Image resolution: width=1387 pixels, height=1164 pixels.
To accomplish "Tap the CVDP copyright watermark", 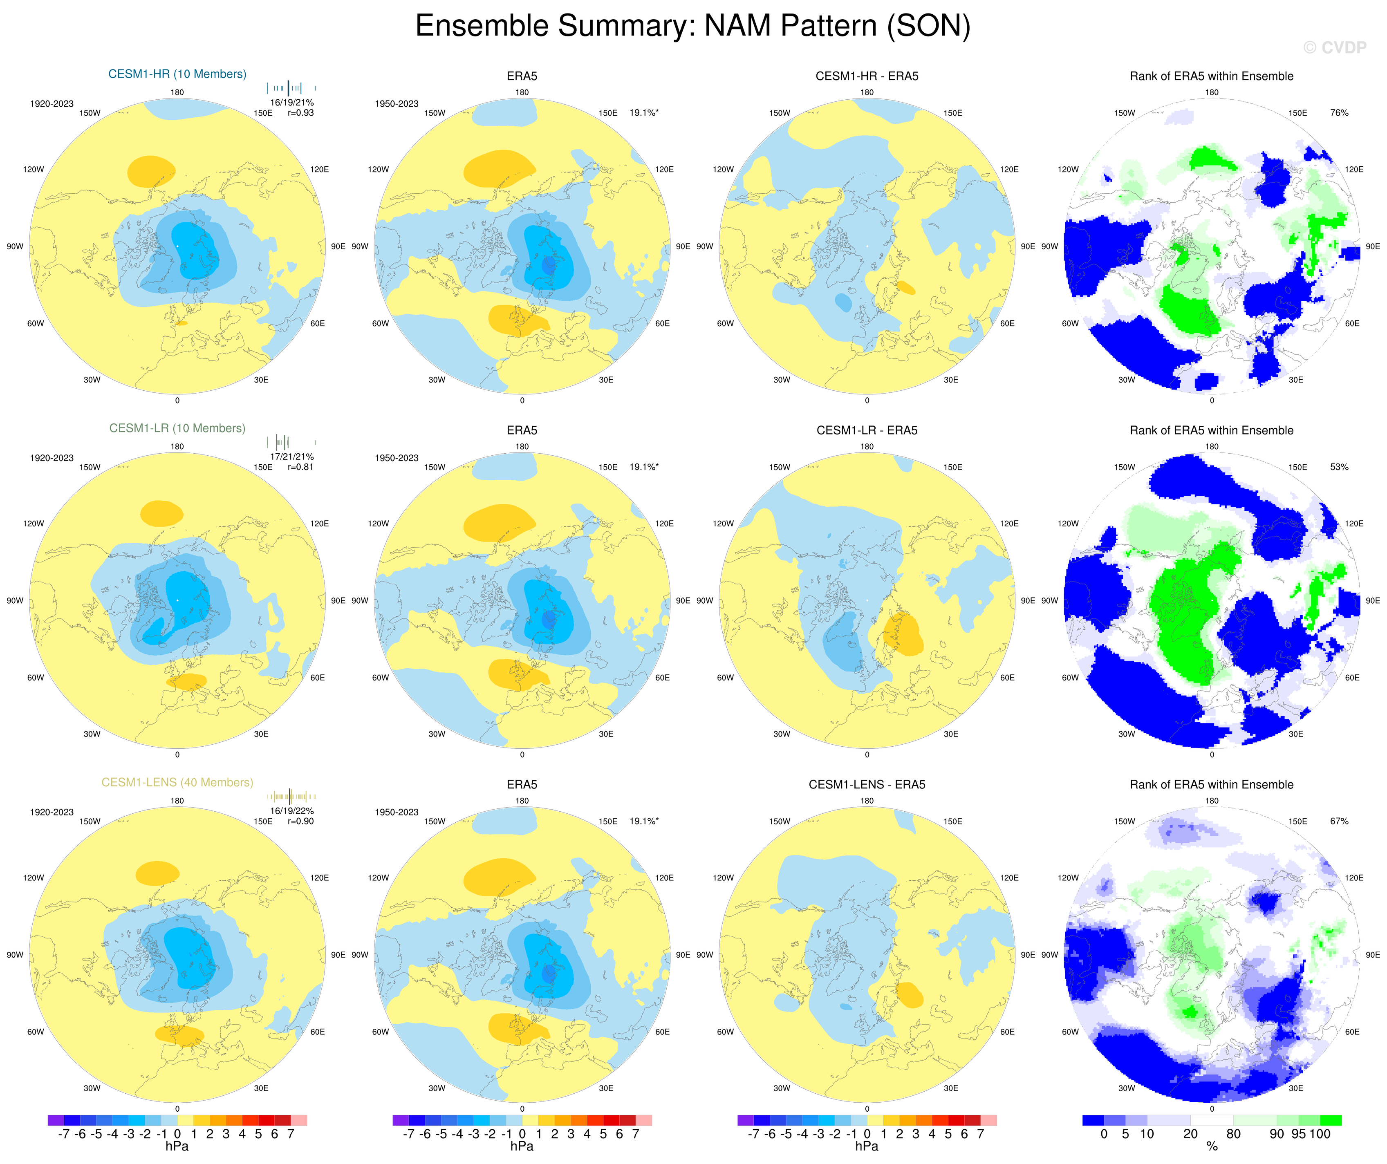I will (x=1334, y=47).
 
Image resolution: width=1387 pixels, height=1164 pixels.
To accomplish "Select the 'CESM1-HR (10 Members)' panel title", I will (x=177, y=74).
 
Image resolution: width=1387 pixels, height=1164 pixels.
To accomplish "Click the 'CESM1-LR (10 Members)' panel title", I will (x=177, y=428).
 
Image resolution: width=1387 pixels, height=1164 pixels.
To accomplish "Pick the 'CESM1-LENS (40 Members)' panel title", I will (x=177, y=782).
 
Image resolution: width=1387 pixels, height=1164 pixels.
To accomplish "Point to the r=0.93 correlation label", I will (x=300, y=113).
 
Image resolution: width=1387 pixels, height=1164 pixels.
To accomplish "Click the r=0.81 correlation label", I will (x=300, y=467).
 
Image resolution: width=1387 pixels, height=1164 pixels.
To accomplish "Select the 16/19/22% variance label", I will (x=292, y=811).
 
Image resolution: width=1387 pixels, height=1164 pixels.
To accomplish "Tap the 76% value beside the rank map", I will (x=1339, y=113).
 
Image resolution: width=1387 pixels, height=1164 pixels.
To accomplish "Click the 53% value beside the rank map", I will (x=1339, y=467).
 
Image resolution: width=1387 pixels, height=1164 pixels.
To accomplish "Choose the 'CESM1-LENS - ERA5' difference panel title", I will (x=867, y=784).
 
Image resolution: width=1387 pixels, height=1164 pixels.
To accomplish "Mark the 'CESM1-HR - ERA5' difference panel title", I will (x=867, y=76).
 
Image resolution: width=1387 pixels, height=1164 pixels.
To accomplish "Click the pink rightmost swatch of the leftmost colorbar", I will (x=298, y=1120).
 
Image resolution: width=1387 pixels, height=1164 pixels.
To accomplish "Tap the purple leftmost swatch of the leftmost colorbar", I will (x=56, y=1120).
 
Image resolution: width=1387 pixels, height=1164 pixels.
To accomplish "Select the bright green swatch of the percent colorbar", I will (x=1330, y=1120).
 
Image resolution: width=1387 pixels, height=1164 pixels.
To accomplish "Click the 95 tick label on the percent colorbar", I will (x=1298, y=1134).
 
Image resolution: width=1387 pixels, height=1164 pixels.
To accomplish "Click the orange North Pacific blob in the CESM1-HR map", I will (x=151, y=171).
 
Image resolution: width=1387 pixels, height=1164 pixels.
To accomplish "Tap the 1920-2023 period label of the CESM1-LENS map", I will (x=52, y=812).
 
